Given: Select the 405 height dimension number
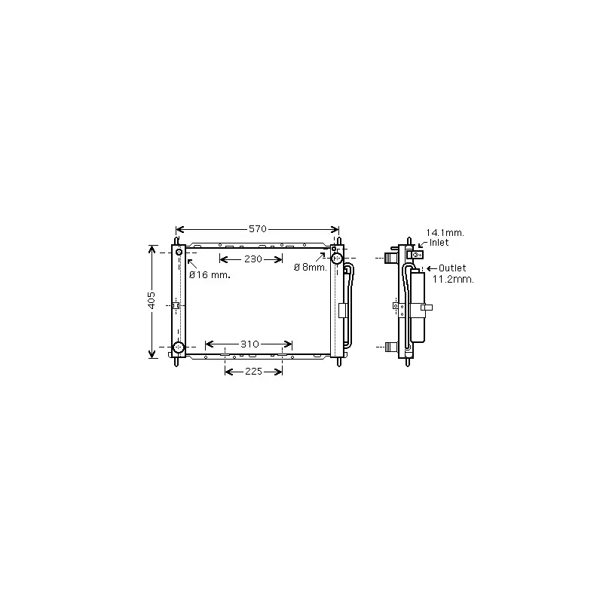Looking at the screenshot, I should point(152,300).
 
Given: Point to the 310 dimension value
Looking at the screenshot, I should point(249,344).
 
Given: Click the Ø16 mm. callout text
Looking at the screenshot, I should point(210,275).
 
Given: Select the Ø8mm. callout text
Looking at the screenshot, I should point(310,268).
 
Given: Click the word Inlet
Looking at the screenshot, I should point(439,243).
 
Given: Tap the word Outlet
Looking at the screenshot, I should point(452,268).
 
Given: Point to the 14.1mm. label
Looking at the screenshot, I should point(445,233).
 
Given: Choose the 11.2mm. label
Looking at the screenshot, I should point(453,279).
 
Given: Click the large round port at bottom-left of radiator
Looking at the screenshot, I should point(179,347).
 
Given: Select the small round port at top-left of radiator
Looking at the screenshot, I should point(179,252).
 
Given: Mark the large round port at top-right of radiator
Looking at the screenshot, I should point(337,258).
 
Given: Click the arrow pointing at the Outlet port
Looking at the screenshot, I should point(430,268).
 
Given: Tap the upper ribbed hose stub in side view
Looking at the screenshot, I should point(390,258).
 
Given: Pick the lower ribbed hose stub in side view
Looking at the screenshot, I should point(390,347).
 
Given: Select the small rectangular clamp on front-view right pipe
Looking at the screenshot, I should point(343,310).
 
